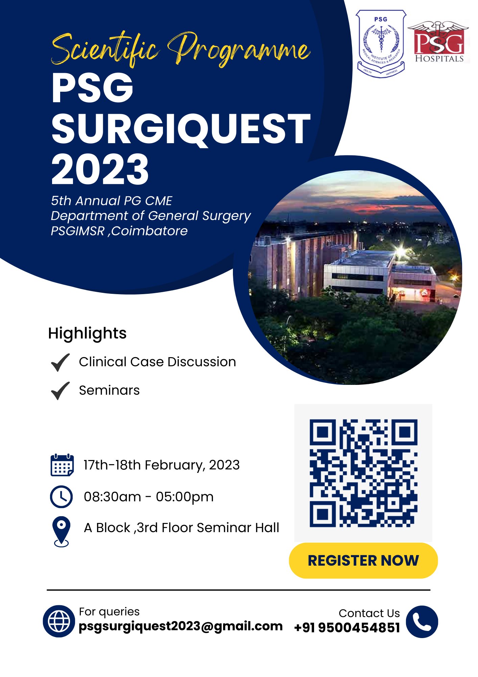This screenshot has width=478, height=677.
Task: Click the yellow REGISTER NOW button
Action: (x=363, y=560)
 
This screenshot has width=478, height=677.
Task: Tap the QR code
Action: (x=363, y=473)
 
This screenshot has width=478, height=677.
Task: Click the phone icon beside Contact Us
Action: (x=422, y=621)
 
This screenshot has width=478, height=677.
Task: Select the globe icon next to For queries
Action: (x=59, y=621)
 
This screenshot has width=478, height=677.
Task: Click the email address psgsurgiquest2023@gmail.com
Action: (x=181, y=626)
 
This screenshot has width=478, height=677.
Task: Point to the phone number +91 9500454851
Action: (x=347, y=628)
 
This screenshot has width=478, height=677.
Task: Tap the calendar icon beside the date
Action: (x=62, y=465)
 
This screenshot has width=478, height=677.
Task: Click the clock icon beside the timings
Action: (x=61, y=497)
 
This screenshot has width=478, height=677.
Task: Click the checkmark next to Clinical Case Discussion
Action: (x=60, y=362)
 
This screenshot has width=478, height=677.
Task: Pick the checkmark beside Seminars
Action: (x=60, y=391)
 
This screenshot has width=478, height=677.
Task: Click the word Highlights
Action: (x=87, y=333)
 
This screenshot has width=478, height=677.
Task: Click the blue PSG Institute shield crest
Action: (x=381, y=43)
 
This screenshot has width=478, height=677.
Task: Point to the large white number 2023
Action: (x=100, y=169)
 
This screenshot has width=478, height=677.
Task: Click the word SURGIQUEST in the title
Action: (x=181, y=129)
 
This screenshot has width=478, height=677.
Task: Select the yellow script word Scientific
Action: (x=105, y=50)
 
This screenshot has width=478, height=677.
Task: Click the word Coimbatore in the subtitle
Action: (x=149, y=231)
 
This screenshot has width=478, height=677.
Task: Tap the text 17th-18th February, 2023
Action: (x=162, y=465)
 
